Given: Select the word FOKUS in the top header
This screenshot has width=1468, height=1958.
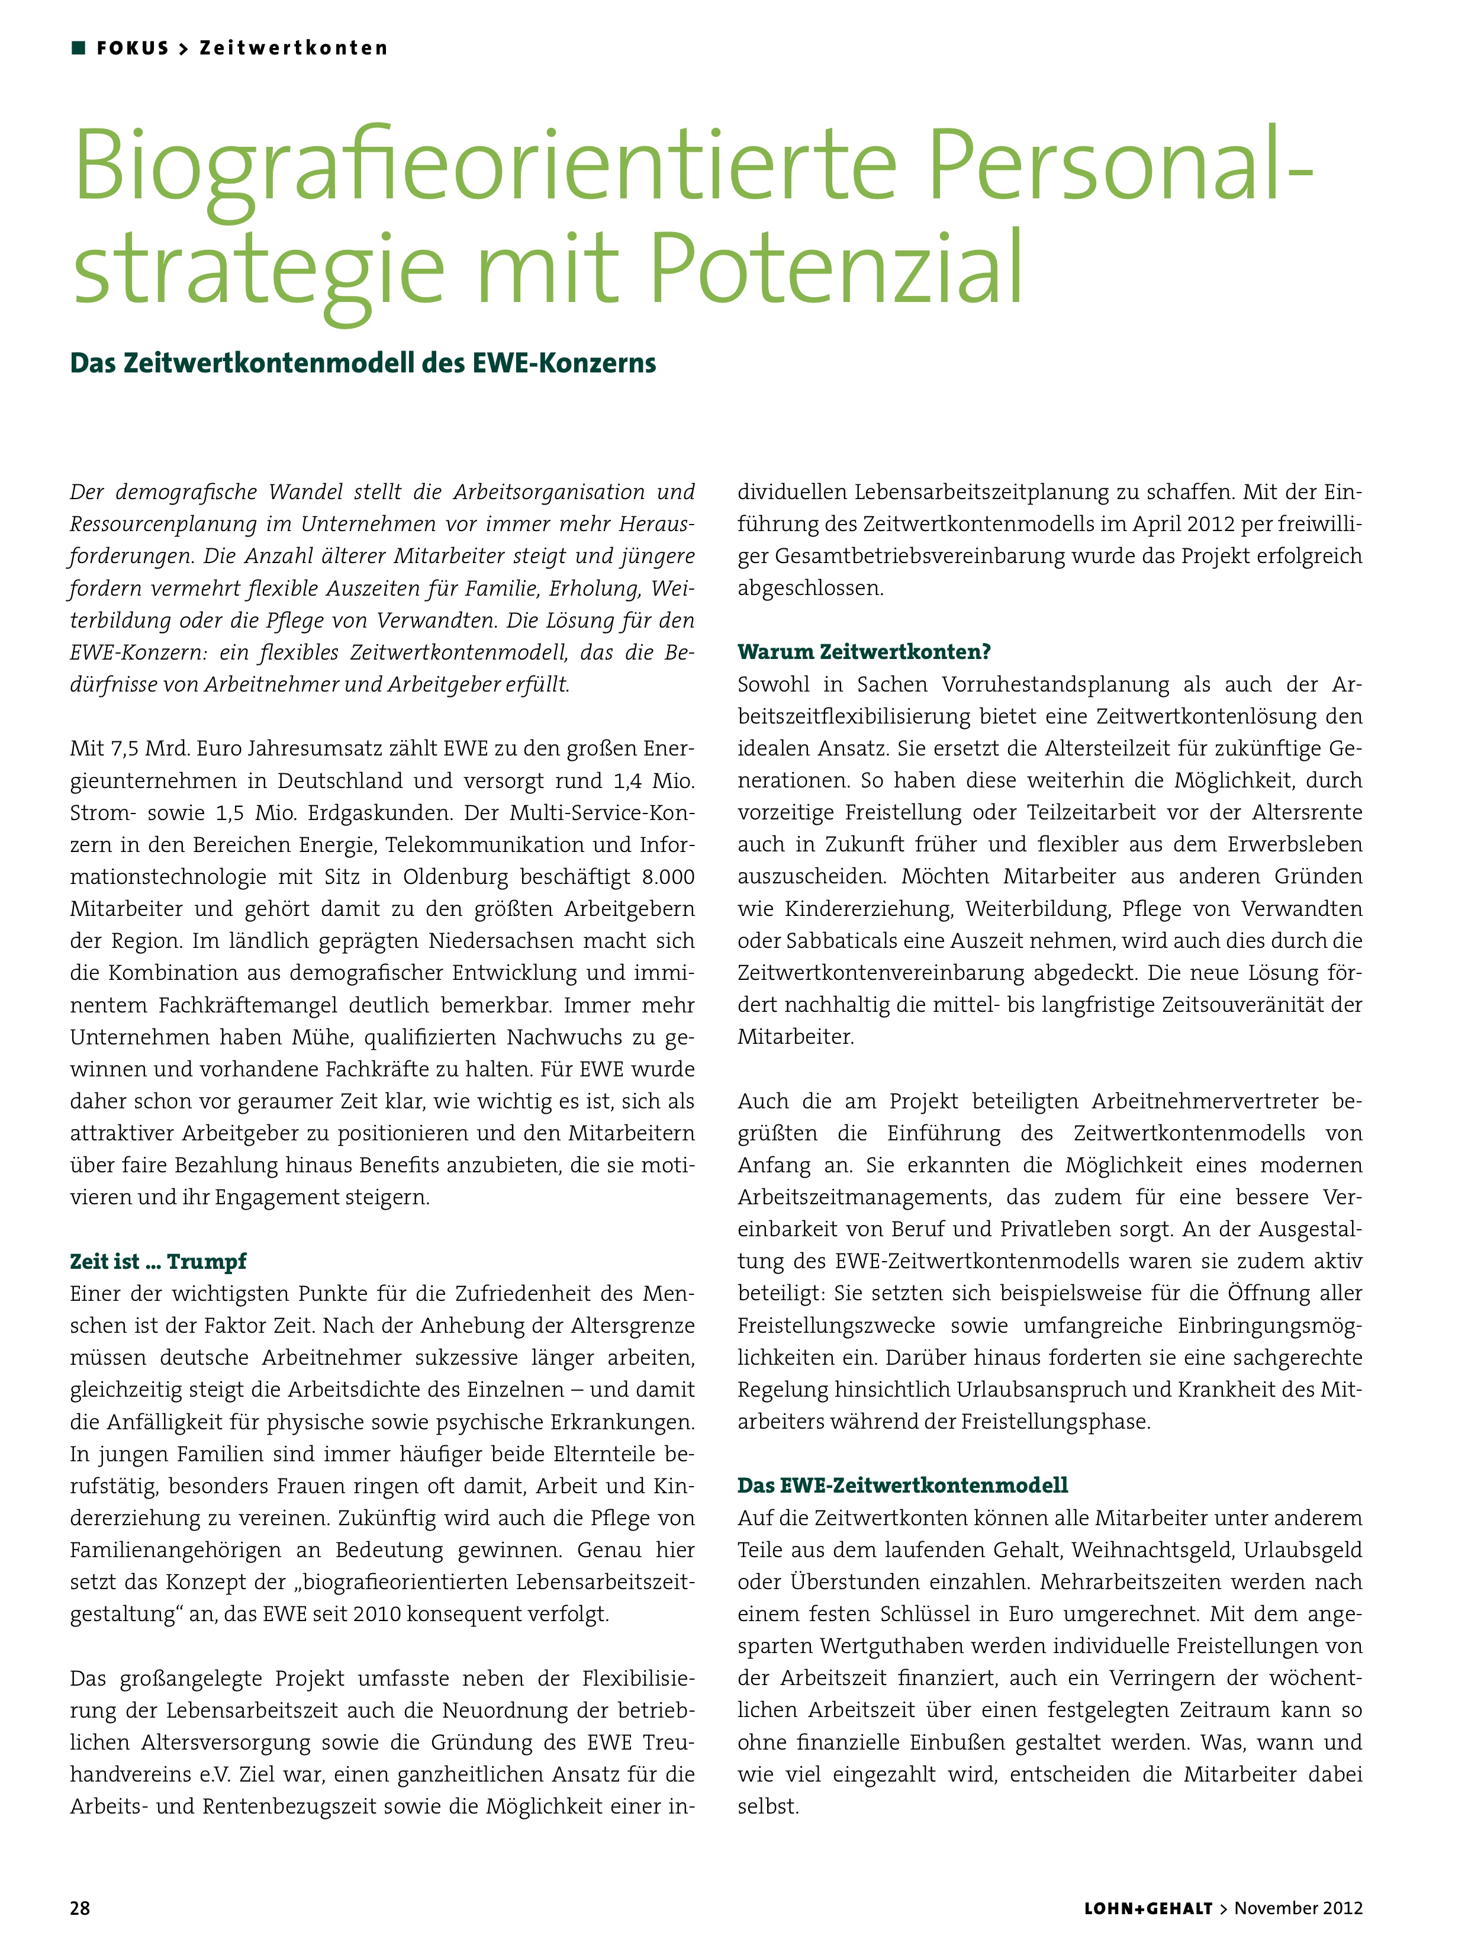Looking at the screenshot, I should pyautogui.click(x=133, y=48).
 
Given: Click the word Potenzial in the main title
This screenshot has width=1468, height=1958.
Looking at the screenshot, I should pyautogui.click(x=836, y=266).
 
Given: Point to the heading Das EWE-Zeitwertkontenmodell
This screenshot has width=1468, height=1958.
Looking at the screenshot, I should pyautogui.click(x=903, y=1486).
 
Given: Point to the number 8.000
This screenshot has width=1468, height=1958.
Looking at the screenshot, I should pyautogui.click(x=668, y=877).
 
